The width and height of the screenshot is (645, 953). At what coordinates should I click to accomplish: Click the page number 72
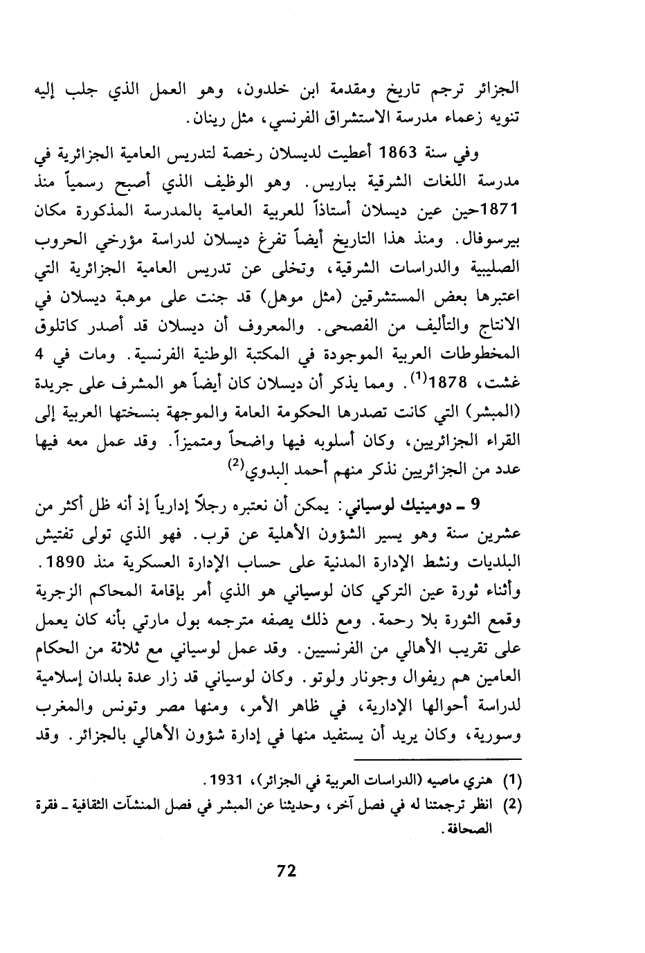tap(286, 871)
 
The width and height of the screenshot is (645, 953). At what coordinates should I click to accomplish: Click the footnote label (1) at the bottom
tap(510, 783)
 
